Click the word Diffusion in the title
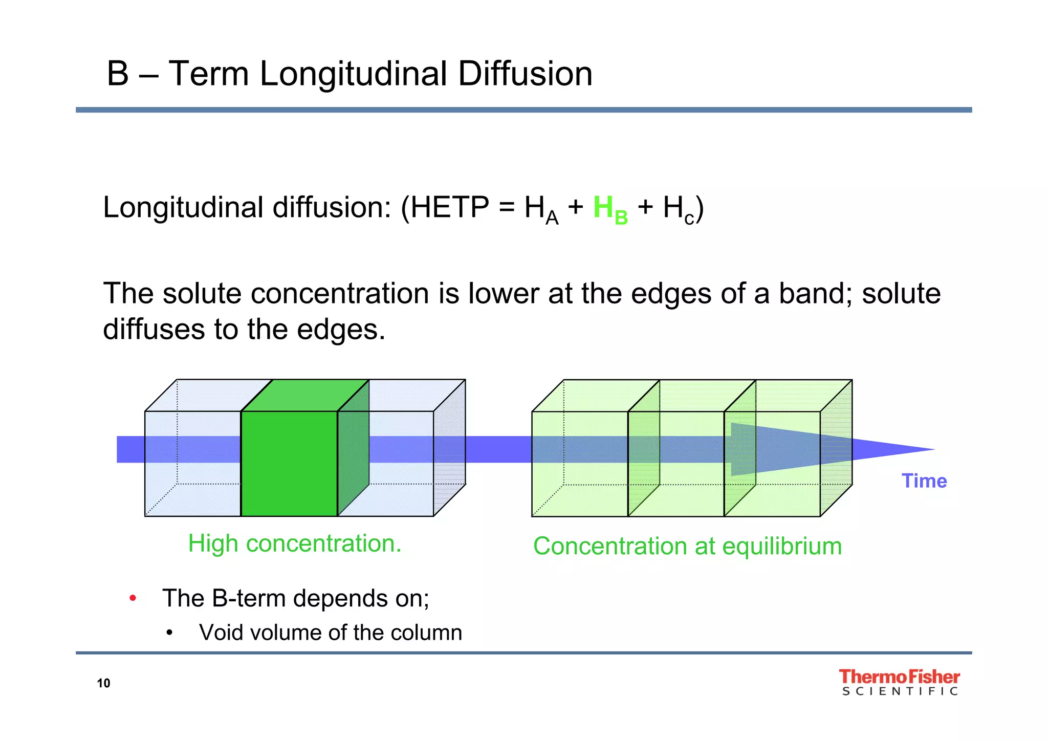point(525,74)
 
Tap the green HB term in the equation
point(610,209)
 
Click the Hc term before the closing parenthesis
point(678,209)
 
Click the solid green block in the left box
point(289,463)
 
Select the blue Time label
point(924,481)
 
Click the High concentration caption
point(295,543)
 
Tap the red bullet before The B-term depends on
point(133,598)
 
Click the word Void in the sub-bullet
point(218,633)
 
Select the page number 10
point(103,683)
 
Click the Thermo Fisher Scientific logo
point(899,682)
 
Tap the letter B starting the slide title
point(117,74)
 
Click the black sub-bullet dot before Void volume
point(170,633)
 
